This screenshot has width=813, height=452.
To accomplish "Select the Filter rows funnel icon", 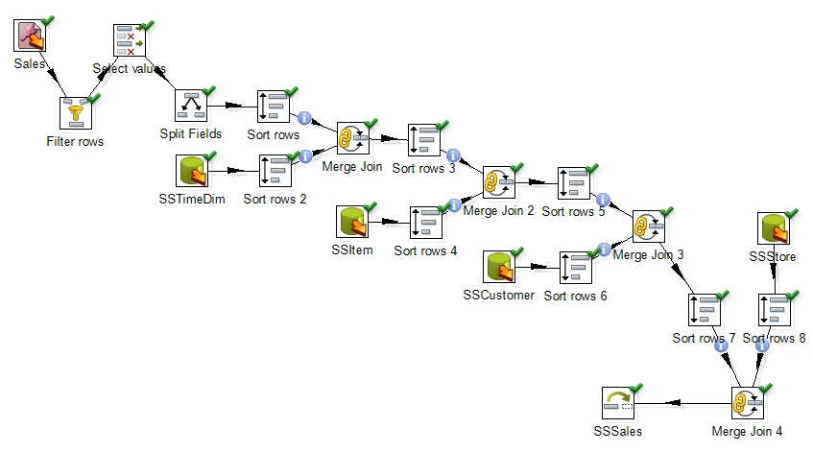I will point(76,113).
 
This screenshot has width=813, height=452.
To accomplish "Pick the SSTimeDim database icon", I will point(194,171).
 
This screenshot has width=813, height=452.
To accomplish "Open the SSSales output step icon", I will point(618,404).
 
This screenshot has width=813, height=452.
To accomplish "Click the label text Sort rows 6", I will point(575,296).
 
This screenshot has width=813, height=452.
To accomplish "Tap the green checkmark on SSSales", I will point(634,389).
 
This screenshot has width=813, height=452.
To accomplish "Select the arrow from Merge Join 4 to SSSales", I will point(681,404).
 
